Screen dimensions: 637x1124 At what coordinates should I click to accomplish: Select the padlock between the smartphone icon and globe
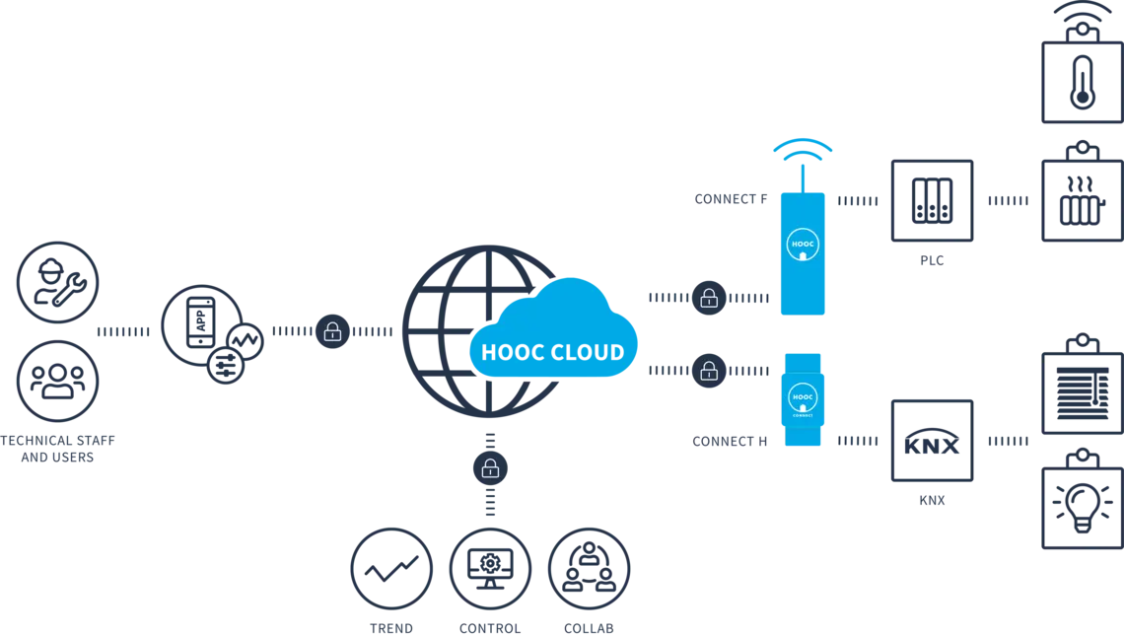[333, 332]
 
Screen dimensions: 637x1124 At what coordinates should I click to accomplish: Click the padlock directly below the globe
[490, 468]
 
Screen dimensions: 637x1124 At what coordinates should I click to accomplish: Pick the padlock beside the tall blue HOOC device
[708, 298]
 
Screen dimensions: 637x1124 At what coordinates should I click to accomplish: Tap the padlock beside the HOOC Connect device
[708, 371]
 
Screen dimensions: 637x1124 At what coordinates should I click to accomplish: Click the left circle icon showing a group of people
[58, 382]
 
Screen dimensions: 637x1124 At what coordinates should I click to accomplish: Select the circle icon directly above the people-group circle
[58, 280]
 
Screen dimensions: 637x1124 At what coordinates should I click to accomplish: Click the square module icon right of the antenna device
[931, 200]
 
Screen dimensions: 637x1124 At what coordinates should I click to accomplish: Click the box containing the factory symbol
[1082, 202]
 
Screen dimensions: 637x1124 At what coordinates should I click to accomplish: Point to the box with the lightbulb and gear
[1082, 508]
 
